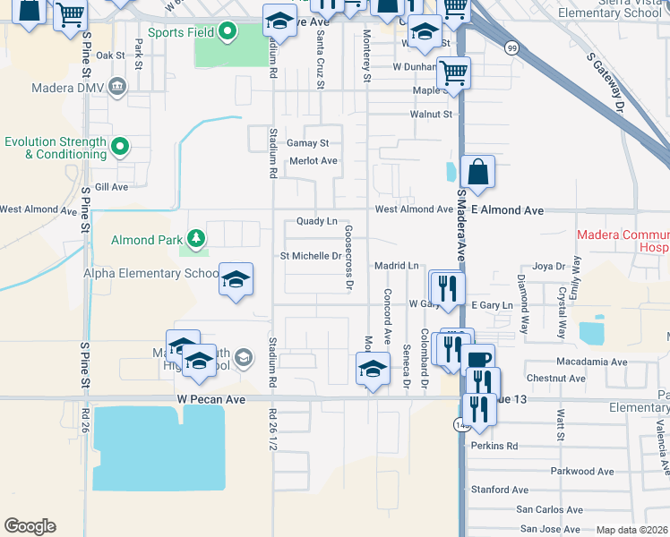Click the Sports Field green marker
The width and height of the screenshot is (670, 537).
[x=228, y=32]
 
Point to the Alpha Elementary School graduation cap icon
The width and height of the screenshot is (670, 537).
[x=236, y=279]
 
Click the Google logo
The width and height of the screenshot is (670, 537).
[x=30, y=526]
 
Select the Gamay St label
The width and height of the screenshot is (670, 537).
[x=308, y=143]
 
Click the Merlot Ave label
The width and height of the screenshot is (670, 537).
[x=313, y=161]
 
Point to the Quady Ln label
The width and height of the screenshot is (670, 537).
[x=317, y=221]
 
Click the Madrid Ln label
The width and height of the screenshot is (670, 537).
[x=397, y=266]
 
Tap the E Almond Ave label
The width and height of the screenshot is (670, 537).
[x=507, y=209]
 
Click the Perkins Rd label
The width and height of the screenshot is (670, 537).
[x=498, y=445]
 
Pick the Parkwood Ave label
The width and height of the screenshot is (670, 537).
[x=582, y=471]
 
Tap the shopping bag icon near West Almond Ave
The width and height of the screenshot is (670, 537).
[x=477, y=171]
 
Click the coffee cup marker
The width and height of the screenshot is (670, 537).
[x=478, y=360]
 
